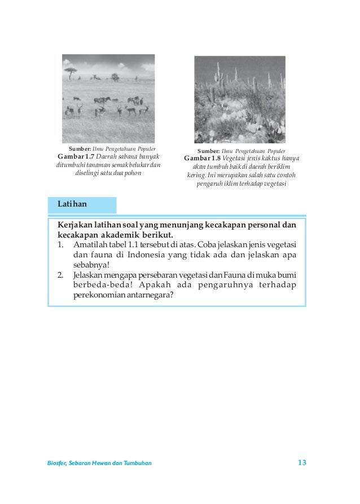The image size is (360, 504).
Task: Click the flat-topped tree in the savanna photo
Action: pos(71,71)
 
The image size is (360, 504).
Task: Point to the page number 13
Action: pos(301,463)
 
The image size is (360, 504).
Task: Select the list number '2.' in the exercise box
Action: pos(60,274)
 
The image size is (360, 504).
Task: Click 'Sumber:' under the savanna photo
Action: pos(80,148)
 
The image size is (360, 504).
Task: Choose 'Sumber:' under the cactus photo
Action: pos(208,151)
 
